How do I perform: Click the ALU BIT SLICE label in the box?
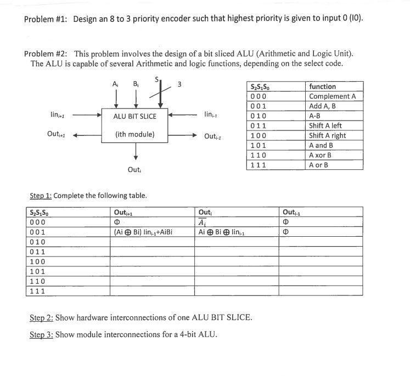tap(135, 116)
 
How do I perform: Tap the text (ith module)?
tap(135, 134)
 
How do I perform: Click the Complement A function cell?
tap(332, 96)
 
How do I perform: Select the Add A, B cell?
tap(323, 106)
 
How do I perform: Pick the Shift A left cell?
tap(325, 126)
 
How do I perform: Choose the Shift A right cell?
tap(327, 135)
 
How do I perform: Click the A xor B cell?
tap(321, 155)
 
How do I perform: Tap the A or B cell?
tap(319, 165)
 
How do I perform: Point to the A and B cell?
tap(321, 145)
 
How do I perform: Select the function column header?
tap(323, 87)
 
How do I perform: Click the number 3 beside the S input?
tap(179, 84)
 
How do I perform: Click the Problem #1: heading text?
tap(47, 19)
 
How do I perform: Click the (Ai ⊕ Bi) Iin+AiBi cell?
tap(143, 232)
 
